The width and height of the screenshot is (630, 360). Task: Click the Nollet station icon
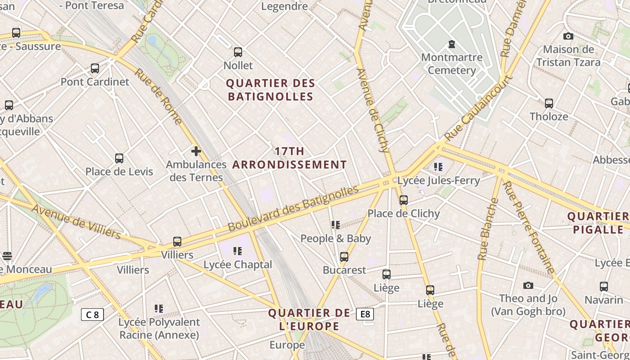tap(238, 52)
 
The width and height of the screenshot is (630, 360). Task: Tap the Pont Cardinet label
tap(95, 82)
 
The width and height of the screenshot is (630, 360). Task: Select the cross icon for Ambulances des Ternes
tap(196, 151)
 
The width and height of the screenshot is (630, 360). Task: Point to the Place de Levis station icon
tap(119, 158)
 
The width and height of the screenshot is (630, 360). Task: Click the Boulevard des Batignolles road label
tap(293, 208)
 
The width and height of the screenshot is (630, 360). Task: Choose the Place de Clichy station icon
tap(404, 200)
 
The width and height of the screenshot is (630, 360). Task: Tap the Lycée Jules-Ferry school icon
tap(438, 167)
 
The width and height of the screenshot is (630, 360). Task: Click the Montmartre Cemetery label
tap(452, 64)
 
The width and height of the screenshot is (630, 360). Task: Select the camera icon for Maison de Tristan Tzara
tap(568, 36)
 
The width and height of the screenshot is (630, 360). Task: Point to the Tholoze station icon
tap(549, 103)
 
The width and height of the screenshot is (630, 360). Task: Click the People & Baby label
tap(336, 238)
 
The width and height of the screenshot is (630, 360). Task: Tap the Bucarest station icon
tap(344, 257)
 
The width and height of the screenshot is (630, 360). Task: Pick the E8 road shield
tap(365, 314)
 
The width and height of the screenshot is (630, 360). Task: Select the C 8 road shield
tap(92, 315)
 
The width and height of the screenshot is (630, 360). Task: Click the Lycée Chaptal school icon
tap(238, 251)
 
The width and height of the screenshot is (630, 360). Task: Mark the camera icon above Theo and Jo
tap(528, 285)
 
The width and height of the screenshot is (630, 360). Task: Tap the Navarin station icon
tap(604, 287)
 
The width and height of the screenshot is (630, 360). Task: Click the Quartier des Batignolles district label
tap(270, 90)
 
